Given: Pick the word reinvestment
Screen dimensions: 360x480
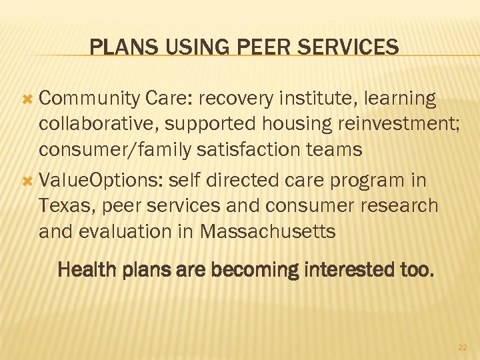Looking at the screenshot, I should (x=386, y=124).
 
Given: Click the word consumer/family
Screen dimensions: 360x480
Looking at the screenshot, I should (x=115, y=149).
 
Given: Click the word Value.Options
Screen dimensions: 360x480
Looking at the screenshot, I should (x=101, y=181).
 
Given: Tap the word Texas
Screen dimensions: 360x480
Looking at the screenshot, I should (x=65, y=205).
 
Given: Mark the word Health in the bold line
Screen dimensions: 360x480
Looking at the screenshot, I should (x=83, y=270).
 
